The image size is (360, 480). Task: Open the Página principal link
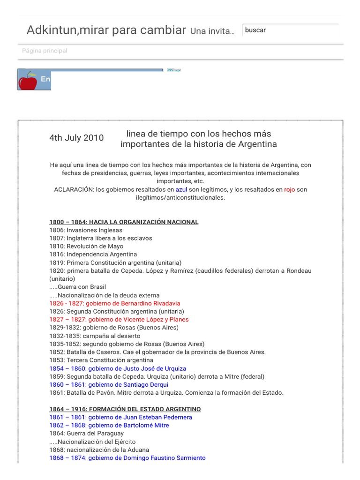pyautogui.click(x=45, y=51)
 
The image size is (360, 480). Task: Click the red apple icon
pyautogui.click(x=27, y=81)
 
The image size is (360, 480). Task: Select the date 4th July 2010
pyautogui.click(x=76, y=138)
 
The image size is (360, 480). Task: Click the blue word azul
pyautogui.click(x=181, y=190)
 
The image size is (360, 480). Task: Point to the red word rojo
pyautogui.click(x=290, y=190)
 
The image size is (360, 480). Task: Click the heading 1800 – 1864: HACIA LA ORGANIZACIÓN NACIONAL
pyautogui.click(x=124, y=222)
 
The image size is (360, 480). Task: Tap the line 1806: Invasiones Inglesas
pyautogui.click(x=86, y=230)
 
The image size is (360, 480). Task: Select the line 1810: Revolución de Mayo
pyautogui.click(x=86, y=247)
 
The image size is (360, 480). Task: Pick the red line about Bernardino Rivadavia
pyautogui.click(x=115, y=303)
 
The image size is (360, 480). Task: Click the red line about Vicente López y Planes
pyautogui.click(x=119, y=320)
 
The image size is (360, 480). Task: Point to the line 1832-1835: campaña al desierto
pyautogui.click(x=95, y=336)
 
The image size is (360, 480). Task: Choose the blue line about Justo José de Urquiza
pyautogui.click(x=118, y=368)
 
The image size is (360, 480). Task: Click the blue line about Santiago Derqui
pyautogui.click(x=109, y=385)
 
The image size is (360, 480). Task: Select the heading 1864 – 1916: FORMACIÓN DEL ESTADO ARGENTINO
pyautogui.click(x=125, y=409)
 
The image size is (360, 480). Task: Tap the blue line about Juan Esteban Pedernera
pyautogui.click(x=120, y=417)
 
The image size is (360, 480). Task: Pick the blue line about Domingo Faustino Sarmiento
pyautogui.click(x=127, y=458)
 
